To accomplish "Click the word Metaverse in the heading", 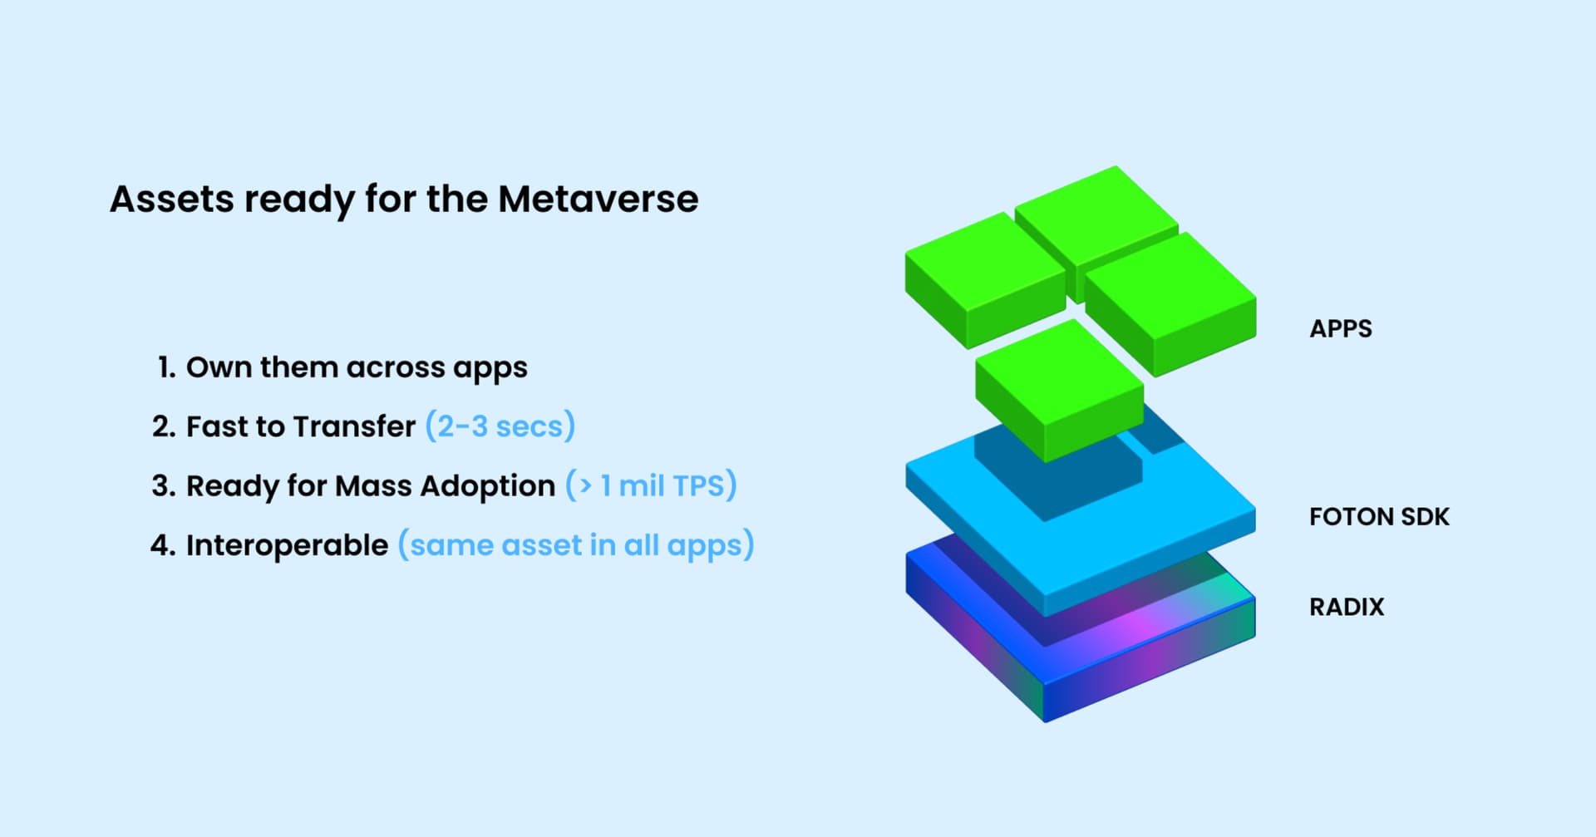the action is (x=598, y=199).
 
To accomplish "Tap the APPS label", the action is (x=1341, y=329).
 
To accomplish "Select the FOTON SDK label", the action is (x=1379, y=517).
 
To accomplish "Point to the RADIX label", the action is (x=1347, y=607).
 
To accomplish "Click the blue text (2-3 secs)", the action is (x=500, y=426).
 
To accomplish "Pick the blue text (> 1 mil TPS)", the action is (x=651, y=485).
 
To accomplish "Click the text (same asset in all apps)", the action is (x=576, y=545).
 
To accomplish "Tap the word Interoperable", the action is (x=287, y=545).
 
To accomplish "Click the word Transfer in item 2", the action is (x=354, y=426).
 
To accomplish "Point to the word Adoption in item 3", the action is (x=487, y=486).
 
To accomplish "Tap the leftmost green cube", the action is (x=986, y=280).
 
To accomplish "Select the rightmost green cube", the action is (x=1170, y=304).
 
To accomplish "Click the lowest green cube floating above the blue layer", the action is (x=1060, y=391).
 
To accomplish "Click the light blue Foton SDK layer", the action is (x=1081, y=532).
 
